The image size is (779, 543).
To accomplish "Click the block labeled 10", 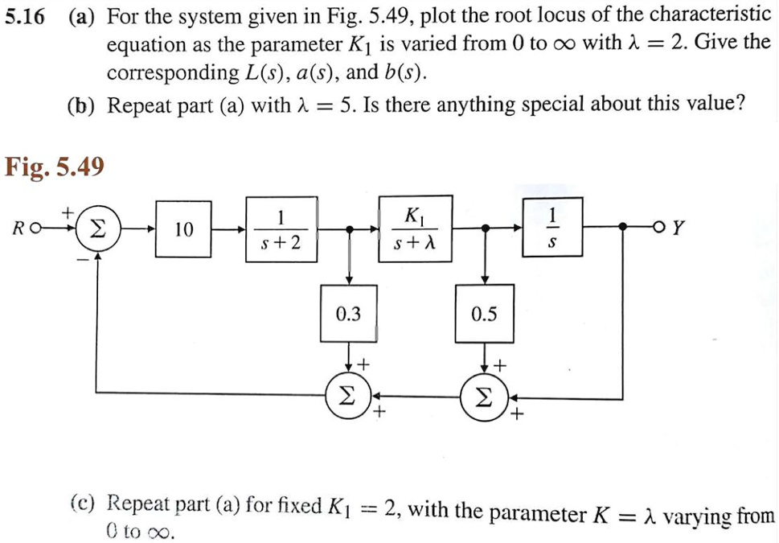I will point(184,229).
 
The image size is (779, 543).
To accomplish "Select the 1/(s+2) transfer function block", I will point(280,229).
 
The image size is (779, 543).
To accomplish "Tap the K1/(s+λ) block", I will point(416,228).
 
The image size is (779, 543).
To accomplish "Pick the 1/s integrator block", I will point(551,229).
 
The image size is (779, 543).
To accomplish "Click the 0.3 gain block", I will point(348,314).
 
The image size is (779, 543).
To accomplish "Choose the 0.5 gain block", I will point(484,314).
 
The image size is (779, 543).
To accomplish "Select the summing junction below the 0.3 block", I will point(348,395).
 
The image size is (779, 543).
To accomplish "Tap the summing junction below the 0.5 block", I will point(484,395).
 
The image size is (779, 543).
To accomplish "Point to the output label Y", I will point(678,228).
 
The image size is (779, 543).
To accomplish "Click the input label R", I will point(18,229).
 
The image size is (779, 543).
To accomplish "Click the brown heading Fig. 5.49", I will point(55,167).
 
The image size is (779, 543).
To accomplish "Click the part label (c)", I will point(84,506).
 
